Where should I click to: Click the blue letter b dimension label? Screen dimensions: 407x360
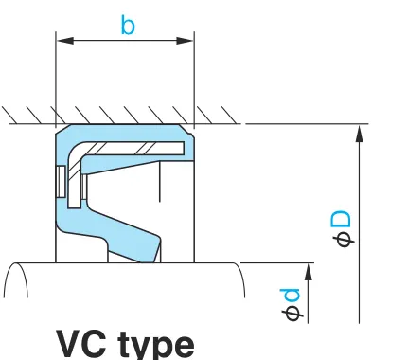coord(128,25)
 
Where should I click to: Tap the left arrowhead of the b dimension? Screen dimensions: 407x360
coord(65,41)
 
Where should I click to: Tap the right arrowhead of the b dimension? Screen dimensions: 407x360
coord(185,41)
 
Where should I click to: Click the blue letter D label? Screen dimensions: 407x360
coord(341,220)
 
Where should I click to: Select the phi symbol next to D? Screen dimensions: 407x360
coord(345,241)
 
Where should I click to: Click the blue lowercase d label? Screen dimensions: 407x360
coord(290,297)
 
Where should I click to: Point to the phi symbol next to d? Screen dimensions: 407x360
coord(293,314)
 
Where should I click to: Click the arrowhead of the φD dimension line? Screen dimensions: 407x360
coord(360,134)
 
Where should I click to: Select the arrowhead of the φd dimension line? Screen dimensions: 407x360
coord(309,272)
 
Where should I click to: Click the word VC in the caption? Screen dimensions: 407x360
coord(81,344)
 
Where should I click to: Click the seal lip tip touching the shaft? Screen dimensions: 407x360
coord(149,261)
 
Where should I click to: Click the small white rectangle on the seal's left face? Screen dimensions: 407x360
coord(61,182)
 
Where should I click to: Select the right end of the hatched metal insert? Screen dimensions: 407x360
coord(183,149)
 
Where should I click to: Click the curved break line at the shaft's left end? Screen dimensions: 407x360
coord(16,279)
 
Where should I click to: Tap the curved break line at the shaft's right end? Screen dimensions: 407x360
coord(240,279)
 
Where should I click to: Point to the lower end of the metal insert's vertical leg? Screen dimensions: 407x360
coord(74,207)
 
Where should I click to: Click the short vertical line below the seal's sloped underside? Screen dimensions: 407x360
coord(160,182)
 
